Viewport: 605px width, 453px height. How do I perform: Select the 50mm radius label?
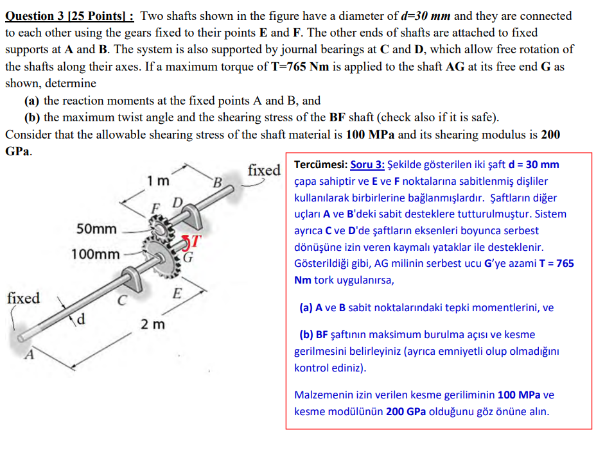point(96,229)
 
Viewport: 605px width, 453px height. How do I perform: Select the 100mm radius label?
point(95,254)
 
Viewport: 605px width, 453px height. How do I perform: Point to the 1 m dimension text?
point(158,181)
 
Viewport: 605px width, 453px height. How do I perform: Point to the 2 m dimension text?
point(153,324)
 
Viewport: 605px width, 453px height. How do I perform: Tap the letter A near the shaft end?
point(27,357)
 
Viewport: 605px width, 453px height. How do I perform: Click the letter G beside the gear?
point(189,259)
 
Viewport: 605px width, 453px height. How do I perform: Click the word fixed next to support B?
point(264,170)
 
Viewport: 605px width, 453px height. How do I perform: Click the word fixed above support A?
point(23,298)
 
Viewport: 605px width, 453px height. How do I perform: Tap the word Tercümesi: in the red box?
point(320,165)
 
